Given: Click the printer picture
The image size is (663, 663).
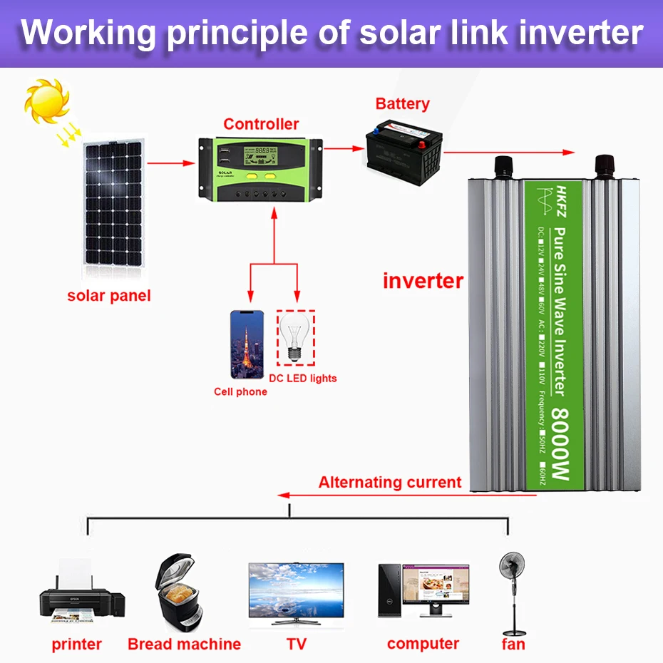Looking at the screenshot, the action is pos(81,595).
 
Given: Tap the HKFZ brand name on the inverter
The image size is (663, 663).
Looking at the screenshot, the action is pos(560,206).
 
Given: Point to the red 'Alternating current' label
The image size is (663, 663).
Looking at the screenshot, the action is pos(390,482).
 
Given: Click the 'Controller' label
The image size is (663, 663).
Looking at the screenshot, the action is pos(261,124).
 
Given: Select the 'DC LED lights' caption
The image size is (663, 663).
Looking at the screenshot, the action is pos(303,378).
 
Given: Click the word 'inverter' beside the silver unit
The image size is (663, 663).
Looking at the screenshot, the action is pos(423,280).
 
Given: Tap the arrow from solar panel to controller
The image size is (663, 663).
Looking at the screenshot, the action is pos(172,163).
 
